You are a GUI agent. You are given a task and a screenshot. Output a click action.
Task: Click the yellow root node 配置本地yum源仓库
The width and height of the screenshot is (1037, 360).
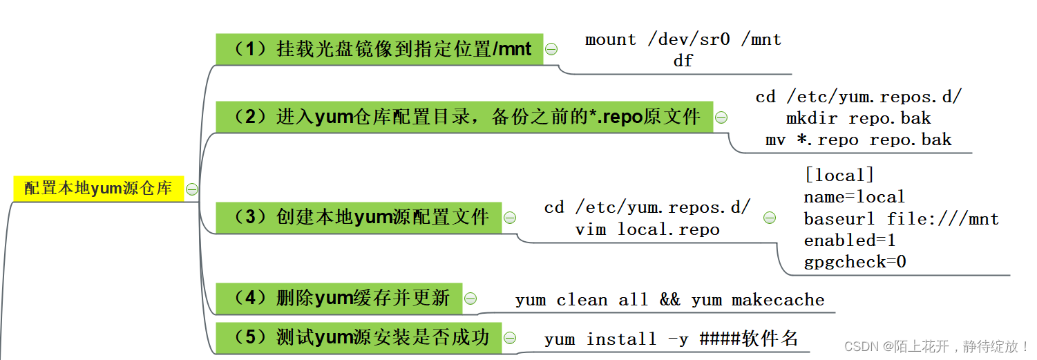point(98,189)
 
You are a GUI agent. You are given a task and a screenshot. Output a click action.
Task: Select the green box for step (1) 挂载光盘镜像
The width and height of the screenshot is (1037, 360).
point(379,49)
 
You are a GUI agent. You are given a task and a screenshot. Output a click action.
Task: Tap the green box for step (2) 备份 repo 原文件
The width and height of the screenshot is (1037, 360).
point(464,117)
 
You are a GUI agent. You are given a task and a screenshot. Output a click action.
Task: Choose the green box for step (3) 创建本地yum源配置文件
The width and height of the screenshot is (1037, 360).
point(359,217)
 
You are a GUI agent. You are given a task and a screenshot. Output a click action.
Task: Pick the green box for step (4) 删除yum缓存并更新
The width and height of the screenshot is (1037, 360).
point(339,298)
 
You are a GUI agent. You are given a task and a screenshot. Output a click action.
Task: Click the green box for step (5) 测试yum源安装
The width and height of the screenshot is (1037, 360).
point(359,337)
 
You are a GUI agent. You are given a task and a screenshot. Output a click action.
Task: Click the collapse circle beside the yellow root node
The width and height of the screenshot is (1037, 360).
point(192,189)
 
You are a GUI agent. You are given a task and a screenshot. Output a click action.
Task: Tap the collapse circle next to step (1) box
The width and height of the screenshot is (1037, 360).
point(551,49)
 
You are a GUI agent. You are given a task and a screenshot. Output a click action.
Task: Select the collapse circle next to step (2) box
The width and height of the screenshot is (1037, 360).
point(721,117)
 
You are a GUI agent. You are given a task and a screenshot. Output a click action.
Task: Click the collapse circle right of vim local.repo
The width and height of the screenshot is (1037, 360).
point(769,218)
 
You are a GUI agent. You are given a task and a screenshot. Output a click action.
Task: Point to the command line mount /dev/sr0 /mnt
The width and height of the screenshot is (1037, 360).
point(683,40)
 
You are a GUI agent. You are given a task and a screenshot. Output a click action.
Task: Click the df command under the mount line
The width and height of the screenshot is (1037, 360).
point(683,61)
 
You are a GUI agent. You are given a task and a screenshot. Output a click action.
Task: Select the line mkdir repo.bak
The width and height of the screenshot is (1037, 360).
point(858,118)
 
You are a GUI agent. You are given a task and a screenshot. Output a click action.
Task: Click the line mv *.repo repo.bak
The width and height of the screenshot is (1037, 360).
point(858,140)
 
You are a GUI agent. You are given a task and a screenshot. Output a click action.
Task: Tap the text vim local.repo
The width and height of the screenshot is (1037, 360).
point(647,229)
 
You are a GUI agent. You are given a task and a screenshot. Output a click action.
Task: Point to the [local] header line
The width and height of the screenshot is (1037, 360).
point(839,176)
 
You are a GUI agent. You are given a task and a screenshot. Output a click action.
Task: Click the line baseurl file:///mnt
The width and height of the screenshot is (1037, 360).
point(901,219)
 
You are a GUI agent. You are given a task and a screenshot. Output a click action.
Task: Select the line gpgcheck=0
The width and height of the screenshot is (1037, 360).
point(855,262)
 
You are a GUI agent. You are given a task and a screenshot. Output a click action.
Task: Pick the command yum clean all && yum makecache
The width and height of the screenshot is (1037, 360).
point(669,300)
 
